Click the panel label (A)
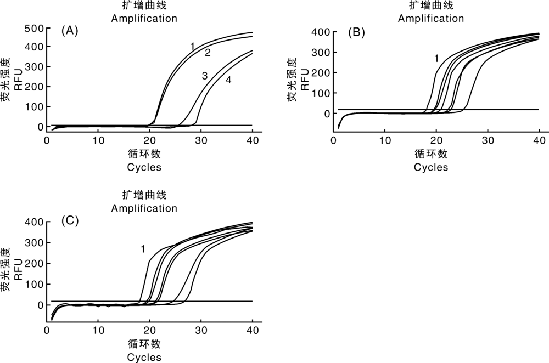point(70,31)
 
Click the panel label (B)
point(356,32)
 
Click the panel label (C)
point(70,220)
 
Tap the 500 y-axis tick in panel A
point(34,29)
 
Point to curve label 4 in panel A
point(228,80)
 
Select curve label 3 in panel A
point(205,75)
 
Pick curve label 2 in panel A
point(208,53)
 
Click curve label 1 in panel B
point(436,59)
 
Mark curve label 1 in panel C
point(143,249)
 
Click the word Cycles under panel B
point(430,167)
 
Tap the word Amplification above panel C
point(144,208)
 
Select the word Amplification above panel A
point(144,18)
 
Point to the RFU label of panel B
point(305,80)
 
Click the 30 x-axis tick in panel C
point(201,330)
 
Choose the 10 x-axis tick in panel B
point(385,140)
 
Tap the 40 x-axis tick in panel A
point(253,140)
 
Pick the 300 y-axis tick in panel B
point(321,53)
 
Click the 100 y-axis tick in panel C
point(34,285)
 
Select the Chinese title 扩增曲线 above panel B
point(431,5)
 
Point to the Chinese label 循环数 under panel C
point(144,344)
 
